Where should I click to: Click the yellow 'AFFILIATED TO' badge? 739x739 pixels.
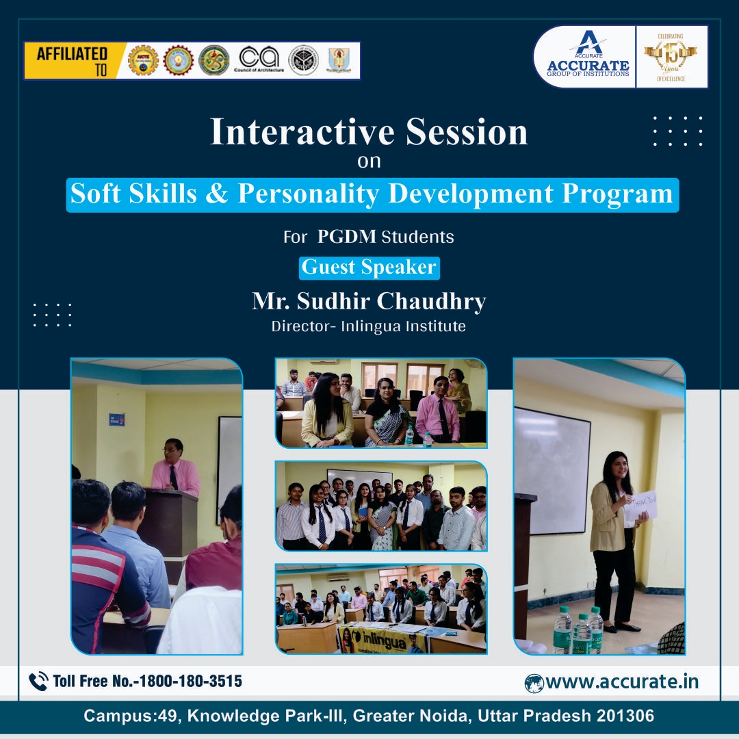tap(72, 61)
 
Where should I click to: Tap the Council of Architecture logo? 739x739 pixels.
tap(259, 60)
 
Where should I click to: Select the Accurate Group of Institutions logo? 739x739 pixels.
tap(588, 56)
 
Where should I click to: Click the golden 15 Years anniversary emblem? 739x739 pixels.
tap(670, 56)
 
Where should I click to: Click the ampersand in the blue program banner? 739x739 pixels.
tap(218, 194)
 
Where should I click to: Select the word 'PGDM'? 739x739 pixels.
tap(347, 237)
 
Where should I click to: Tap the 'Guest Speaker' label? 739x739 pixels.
tap(369, 268)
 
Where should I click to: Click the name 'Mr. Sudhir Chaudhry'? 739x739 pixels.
tap(369, 301)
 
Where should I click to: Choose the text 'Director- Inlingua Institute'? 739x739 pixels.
tap(369, 326)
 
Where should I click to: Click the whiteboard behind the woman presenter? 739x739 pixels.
tap(552, 469)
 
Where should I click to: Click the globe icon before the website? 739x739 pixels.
tap(534, 683)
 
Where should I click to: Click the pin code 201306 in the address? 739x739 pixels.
tap(625, 716)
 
